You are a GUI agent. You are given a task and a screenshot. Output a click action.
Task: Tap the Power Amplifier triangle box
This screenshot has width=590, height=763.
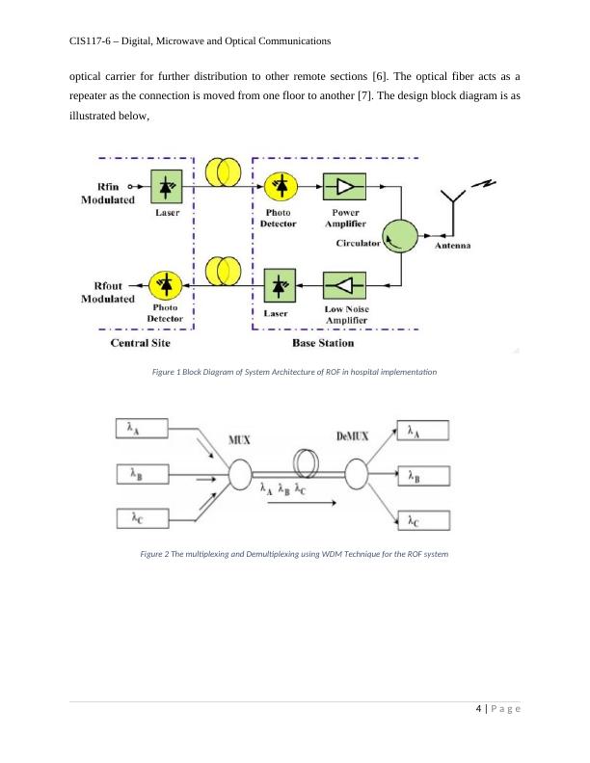[344, 187]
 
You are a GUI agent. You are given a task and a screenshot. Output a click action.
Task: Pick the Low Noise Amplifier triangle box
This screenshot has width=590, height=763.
[344, 285]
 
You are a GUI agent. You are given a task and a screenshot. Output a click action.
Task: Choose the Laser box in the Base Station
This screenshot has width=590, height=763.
[281, 286]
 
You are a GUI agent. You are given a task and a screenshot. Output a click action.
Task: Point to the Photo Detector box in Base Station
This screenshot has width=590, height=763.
[281, 187]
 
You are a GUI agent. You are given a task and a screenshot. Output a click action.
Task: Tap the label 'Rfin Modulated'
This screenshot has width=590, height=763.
[107, 194]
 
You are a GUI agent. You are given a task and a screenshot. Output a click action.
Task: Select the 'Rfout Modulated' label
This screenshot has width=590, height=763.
[106, 292]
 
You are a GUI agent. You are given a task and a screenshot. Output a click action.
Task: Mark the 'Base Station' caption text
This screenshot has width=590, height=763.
[322, 343]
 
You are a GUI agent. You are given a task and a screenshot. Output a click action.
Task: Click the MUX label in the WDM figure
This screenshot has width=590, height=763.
[239, 440]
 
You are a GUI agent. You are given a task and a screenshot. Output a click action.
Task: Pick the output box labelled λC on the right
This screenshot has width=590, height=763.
[421, 520]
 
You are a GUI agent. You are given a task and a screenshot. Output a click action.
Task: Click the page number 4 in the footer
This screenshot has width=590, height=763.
[479, 710]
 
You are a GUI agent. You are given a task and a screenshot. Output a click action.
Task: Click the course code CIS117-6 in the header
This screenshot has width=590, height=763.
[96, 41]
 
